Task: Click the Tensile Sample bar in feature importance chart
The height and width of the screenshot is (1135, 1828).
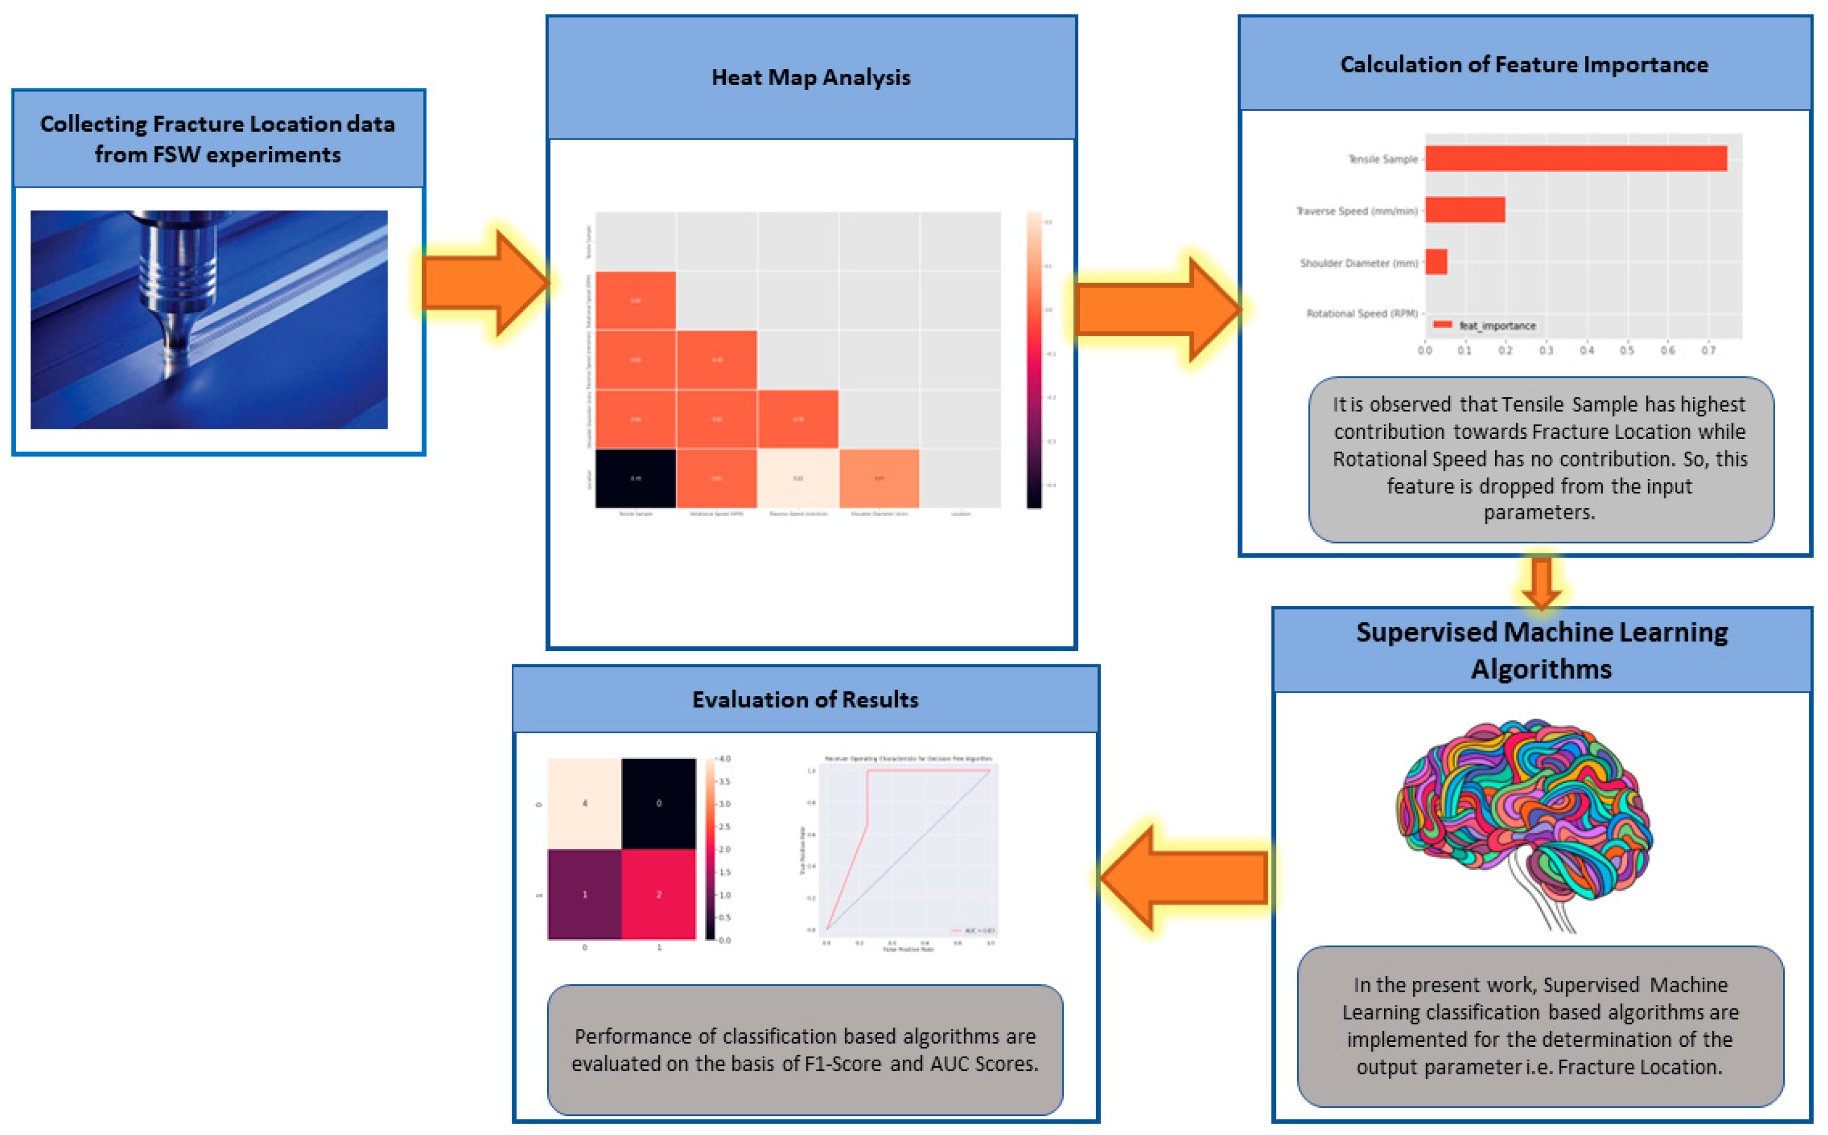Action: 1575,158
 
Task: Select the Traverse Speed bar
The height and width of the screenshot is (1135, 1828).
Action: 1464,209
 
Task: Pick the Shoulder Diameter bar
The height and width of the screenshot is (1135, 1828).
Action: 1436,261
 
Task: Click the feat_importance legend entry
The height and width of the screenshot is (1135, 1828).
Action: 1494,325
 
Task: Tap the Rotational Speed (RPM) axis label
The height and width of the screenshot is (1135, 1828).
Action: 1361,313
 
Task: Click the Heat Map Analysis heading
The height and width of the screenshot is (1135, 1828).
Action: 811,77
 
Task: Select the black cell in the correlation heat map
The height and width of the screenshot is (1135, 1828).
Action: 635,478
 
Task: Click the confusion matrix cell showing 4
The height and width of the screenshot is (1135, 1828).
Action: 584,803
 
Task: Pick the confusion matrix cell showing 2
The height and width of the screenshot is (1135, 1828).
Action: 659,894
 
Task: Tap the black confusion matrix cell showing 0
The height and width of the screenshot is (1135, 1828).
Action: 659,803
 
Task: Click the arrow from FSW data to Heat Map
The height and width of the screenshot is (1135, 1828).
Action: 484,283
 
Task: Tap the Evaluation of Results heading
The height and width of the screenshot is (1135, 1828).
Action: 805,700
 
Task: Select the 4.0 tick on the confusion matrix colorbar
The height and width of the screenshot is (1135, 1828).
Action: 724,759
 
